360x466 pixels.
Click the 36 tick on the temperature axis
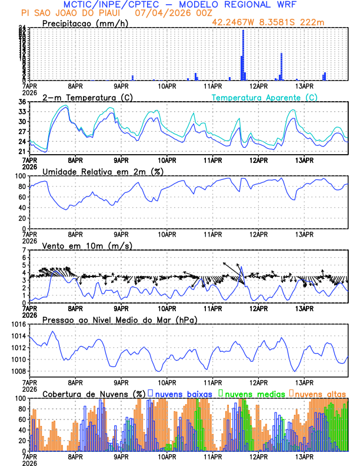tap(22, 102)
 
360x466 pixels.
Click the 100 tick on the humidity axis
tap(19, 176)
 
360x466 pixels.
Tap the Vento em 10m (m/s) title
tap(87, 245)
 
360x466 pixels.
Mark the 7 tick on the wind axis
tap(24, 250)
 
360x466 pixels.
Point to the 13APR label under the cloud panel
tap(304, 456)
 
